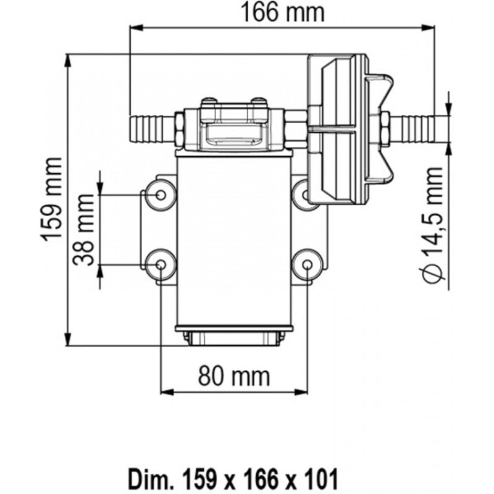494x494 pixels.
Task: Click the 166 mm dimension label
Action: (x=282, y=12)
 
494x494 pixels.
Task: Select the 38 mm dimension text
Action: (x=83, y=230)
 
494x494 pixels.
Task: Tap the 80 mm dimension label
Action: (x=234, y=376)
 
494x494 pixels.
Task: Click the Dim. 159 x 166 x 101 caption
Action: (x=233, y=479)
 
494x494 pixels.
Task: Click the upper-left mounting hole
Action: (x=161, y=195)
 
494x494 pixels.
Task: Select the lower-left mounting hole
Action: (x=161, y=265)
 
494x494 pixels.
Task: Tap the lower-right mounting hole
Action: (x=307, y=265)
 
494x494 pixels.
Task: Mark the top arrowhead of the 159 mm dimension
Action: (x=68, y=61)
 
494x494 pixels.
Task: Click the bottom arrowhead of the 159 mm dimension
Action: (x=68, y=339)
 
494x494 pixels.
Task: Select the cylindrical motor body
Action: (x=235, y=241)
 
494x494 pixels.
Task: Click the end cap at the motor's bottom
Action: (x=234, y=336)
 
